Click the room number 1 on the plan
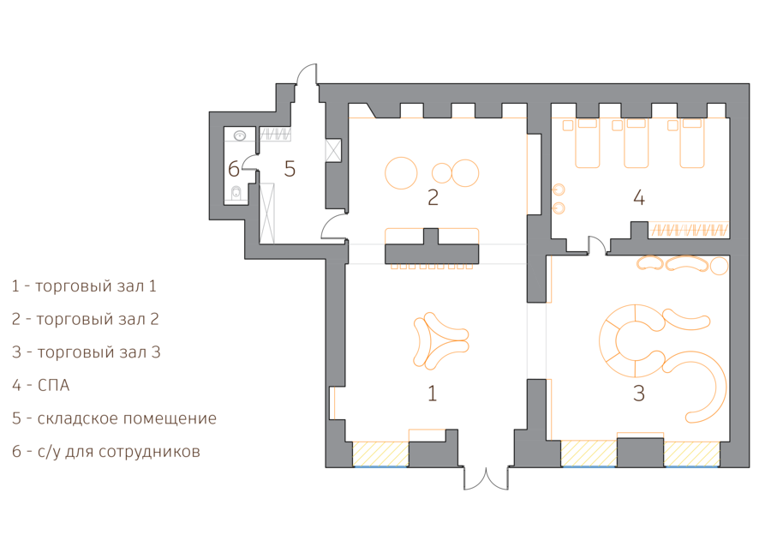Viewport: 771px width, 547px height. [433, 394]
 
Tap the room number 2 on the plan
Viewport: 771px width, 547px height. [433, 198]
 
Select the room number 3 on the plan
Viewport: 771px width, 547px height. [639, 394]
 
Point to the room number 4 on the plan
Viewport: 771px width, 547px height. [639, 198]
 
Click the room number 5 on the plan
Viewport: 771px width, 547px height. [290, 170]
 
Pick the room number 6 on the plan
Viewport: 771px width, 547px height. [234, 170]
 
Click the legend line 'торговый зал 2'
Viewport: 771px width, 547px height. [85, 319]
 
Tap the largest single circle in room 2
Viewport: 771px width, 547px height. [401, 172]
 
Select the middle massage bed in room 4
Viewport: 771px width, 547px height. [637, 144]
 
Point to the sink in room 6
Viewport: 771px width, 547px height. [241, 135]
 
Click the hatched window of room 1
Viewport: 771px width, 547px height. [381, 454]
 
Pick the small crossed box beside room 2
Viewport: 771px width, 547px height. [332, 150]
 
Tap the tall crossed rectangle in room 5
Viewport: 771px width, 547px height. [267, 213]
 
